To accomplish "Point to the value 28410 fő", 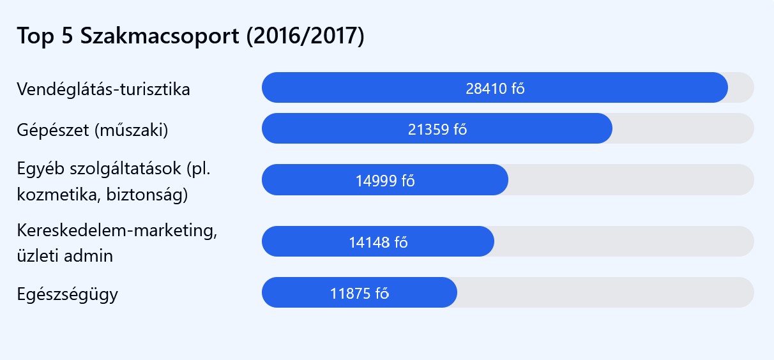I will coord(495,88).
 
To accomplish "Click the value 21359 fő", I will coord(437,129).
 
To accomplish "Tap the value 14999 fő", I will coord(385,180).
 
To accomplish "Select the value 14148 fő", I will coord(378,242).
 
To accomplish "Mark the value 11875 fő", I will coord(360,293).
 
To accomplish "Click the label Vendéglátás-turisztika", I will coord(103,89).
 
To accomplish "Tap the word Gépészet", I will coord(53,130).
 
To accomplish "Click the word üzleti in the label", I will coord(36,257).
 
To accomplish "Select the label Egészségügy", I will coord(68,294).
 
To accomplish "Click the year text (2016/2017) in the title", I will coord(305,36).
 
